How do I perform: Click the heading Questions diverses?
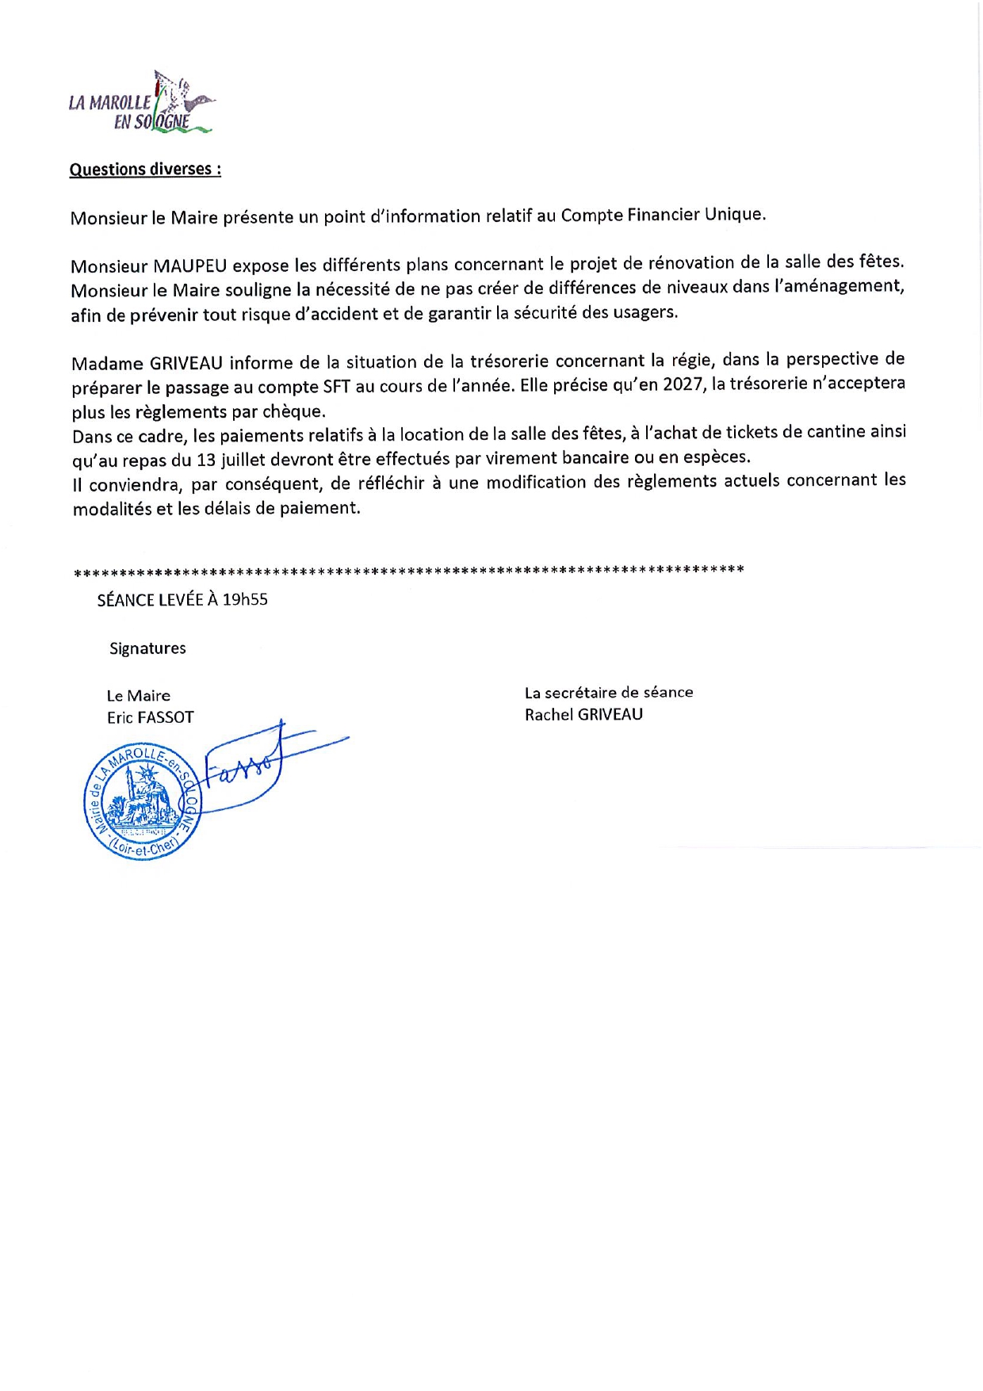pos(145,170)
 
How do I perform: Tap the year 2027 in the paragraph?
pos(683,384)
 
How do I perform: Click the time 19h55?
pos(245,600)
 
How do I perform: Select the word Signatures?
pos(147,648)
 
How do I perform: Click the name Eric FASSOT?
pos(151,717)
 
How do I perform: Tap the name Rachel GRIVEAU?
pos(583,715)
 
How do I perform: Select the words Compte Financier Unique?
pos(663,215)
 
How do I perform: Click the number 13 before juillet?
pos(206,460)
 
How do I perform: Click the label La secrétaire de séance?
pos(609,693)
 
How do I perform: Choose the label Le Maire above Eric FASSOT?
pos(139,696)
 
